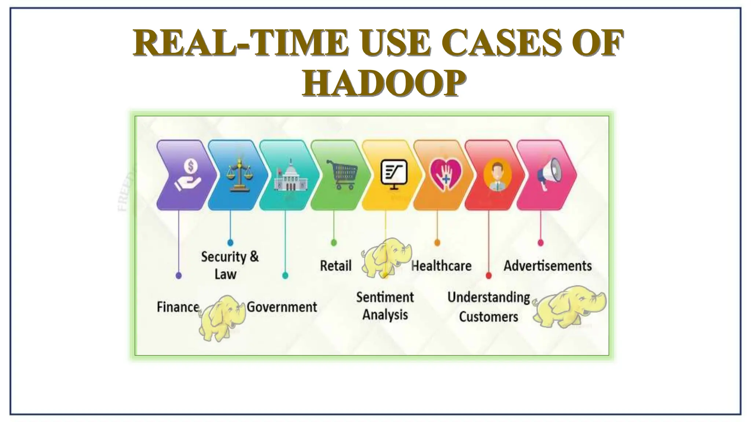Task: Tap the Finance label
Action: click(178, 307)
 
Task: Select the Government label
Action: click(282, 307)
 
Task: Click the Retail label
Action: click(336, 266)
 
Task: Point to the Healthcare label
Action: click(442, 266)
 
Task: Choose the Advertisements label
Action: click(547, 266)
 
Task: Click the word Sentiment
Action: click(385, 297)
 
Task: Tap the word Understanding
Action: click(488, 297)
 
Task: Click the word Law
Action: click(225, 274)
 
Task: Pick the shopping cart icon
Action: click(342, 174)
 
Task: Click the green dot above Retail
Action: click(334, 243)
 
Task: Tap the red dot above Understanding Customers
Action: click(488, 275)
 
